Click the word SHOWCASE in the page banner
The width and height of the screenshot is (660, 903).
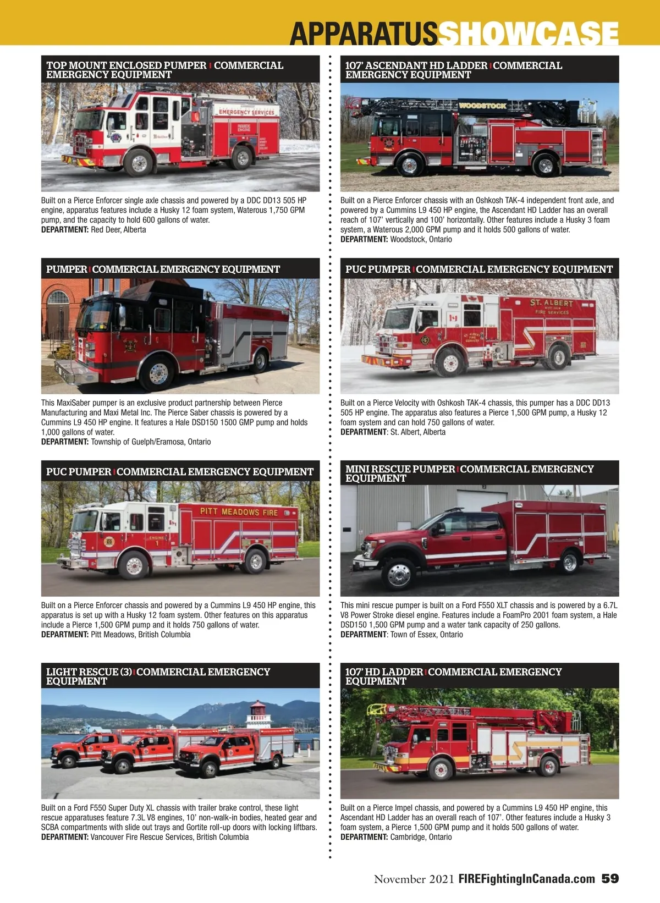(528, 34)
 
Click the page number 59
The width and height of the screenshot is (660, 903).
(610, 878)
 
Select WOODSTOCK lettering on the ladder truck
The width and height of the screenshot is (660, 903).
(482, 106)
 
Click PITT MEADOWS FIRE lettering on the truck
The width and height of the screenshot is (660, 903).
(239, 512)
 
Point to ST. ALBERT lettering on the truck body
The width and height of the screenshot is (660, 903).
(552, 303)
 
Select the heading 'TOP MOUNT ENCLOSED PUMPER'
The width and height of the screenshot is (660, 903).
(126, 65)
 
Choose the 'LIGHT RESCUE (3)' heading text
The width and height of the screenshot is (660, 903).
(89, 671)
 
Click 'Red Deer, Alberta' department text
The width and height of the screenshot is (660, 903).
(118, 230)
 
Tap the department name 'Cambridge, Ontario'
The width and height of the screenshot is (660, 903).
(421, 837)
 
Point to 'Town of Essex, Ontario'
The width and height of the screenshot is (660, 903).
(427, 635)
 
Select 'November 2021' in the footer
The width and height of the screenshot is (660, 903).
(414, 879)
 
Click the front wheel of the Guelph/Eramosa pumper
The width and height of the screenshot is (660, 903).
(156, 373)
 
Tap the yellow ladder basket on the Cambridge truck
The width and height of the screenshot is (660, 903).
(377, 709)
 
